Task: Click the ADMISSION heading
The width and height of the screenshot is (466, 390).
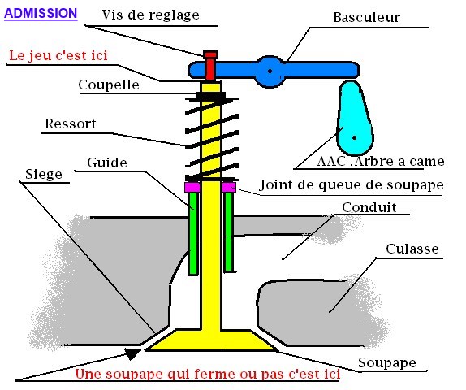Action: click(x=41, y=14)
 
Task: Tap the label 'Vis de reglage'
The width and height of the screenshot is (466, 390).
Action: click(x=151, y=15)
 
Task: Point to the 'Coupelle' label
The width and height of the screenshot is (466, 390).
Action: click(x=108, y=84)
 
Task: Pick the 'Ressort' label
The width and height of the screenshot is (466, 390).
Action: click(x=71, y=124)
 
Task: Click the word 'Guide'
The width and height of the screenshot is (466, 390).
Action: click(x=107, y=162)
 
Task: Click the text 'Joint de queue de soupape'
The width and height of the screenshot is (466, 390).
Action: click(x=352, y=185)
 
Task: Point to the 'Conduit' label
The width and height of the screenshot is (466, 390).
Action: click(x=369, y=207)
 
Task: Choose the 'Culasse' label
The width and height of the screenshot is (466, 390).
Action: click(x=412, y=249)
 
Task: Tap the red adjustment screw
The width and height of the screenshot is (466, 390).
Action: click(x=210, y=66)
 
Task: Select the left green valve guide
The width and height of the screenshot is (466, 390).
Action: click(x=192, y=232)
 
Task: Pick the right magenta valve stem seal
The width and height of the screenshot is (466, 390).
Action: click(x=228, y=187)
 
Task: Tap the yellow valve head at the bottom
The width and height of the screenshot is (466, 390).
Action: click(x=211, y=340)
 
